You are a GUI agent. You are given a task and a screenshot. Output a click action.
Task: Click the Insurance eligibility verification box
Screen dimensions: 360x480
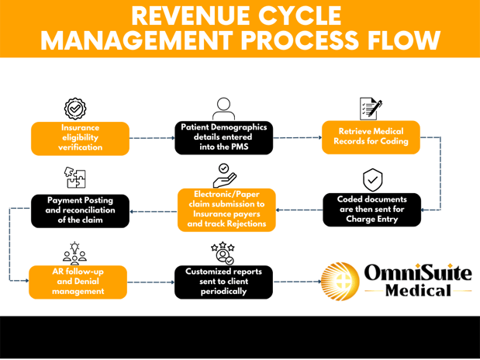(80, 137)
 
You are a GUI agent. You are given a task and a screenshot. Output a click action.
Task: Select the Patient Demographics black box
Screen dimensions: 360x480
(223, 137)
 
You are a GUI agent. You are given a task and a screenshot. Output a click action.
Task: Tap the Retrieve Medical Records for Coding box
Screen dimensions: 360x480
(371, 137)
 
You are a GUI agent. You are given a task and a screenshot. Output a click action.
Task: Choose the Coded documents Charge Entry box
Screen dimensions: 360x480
(371, 209)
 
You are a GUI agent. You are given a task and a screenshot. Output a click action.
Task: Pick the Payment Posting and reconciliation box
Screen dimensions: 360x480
(80, 210)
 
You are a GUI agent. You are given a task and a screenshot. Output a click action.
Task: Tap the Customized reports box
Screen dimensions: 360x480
(223, 282)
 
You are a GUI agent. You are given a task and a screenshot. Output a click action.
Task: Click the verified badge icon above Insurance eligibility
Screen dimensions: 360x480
(74, 108)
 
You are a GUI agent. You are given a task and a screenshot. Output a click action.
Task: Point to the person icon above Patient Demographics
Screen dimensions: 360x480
(224, 108)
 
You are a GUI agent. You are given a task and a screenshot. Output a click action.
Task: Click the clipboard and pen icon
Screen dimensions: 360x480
(371, 108)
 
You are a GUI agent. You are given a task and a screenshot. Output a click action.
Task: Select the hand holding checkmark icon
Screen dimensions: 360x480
(223, 175)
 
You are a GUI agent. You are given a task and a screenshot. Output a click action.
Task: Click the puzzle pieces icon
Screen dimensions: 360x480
(75, 178)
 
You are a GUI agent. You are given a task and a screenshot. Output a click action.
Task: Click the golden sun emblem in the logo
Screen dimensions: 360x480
(340, 281)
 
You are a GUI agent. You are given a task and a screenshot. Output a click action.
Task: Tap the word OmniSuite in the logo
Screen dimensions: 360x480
(416, 273)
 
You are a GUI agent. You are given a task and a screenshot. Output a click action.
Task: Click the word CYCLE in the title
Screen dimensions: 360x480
(295, 16)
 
